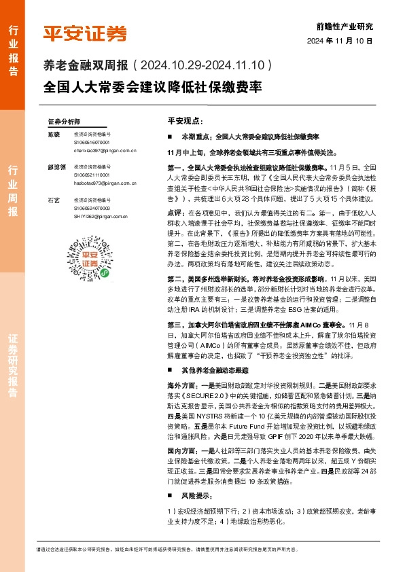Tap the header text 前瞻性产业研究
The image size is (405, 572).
coord(345,27)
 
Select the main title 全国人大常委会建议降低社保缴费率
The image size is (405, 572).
coord(152,88)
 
